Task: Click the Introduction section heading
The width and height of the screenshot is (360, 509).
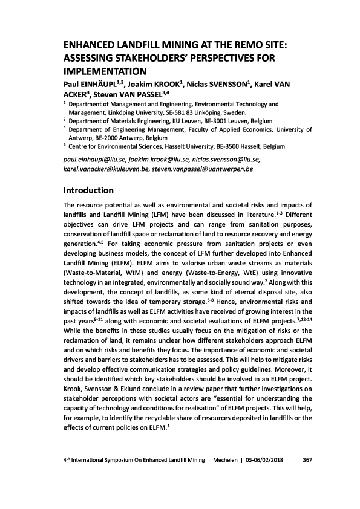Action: [x=88, y=190]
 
